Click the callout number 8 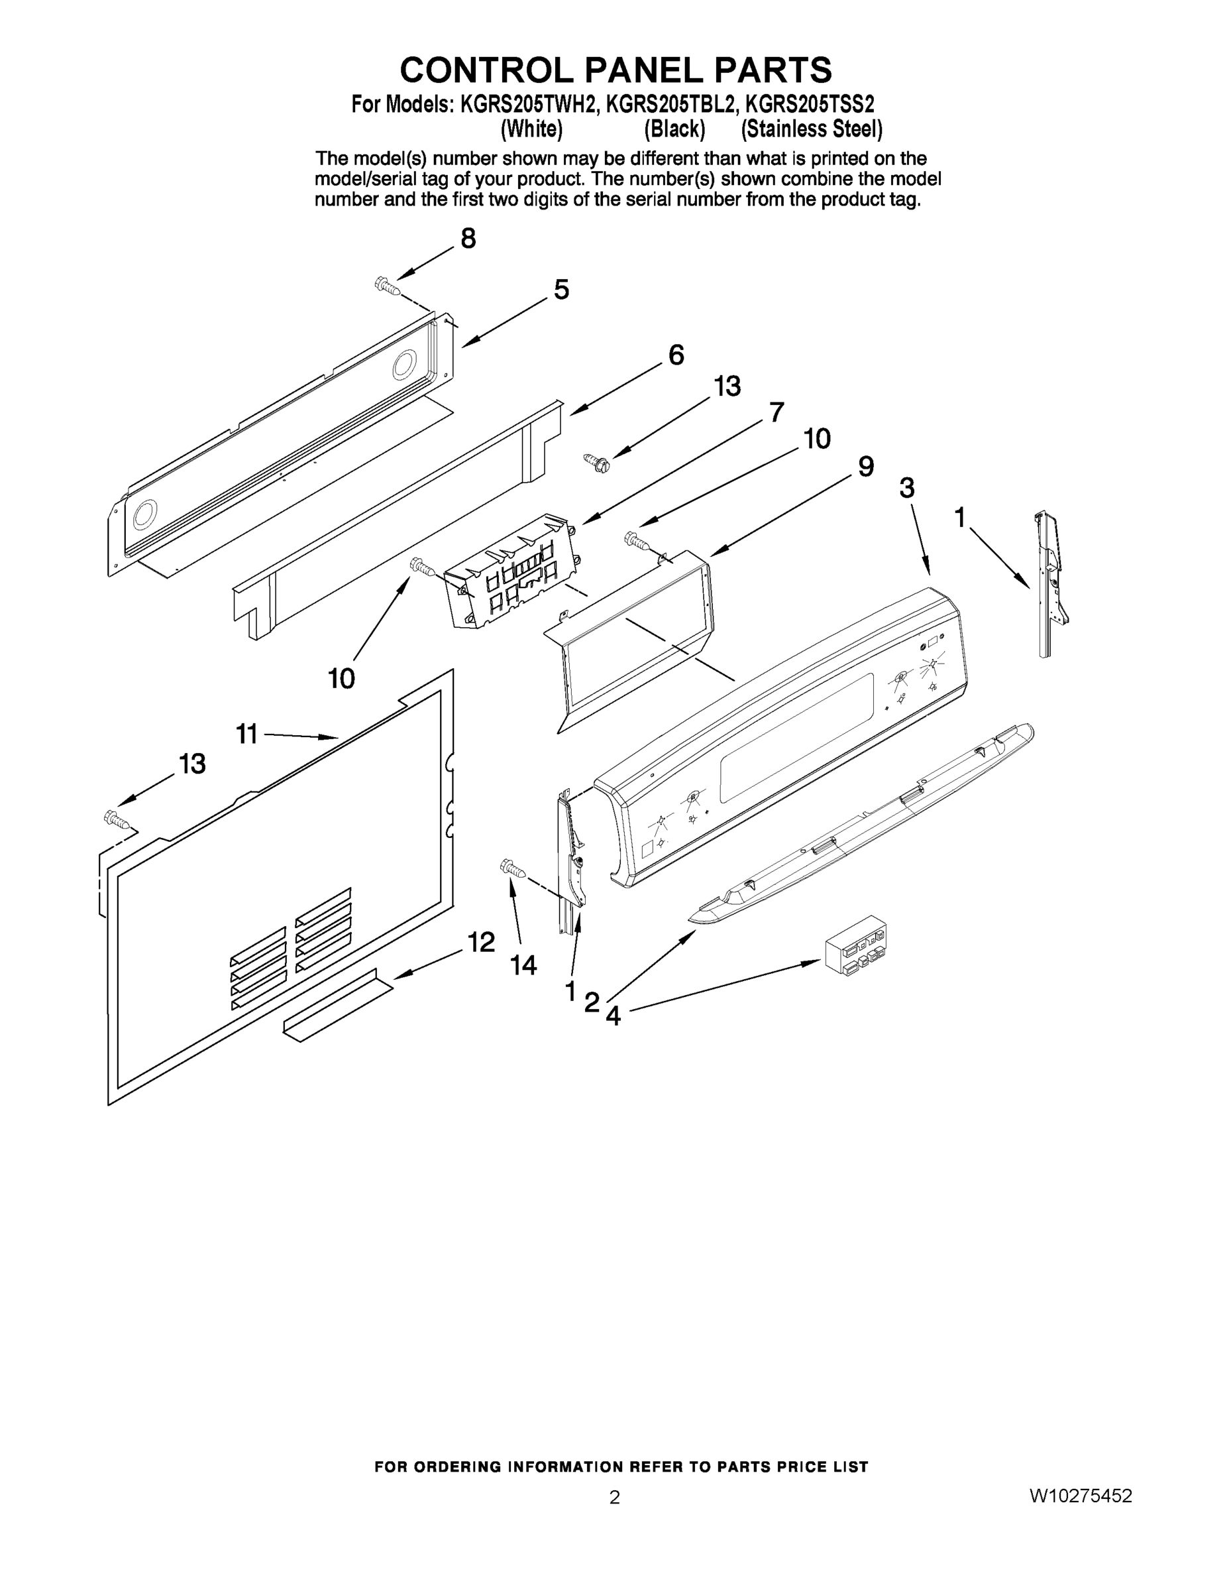click(468, 238)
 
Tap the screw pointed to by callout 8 click(388, 286)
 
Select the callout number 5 click(561, 290)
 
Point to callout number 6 click(676, 355)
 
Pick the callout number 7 click(777, 412)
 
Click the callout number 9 click(866, 466)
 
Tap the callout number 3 click(906, 488)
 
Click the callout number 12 click(481, 942)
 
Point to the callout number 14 click(523, 965)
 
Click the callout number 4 click(613, 1016)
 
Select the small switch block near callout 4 click(856, 945)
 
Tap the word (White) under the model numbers click(531, 129)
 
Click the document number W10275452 click(1081, 1496)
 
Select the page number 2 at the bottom click(615, 1498)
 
